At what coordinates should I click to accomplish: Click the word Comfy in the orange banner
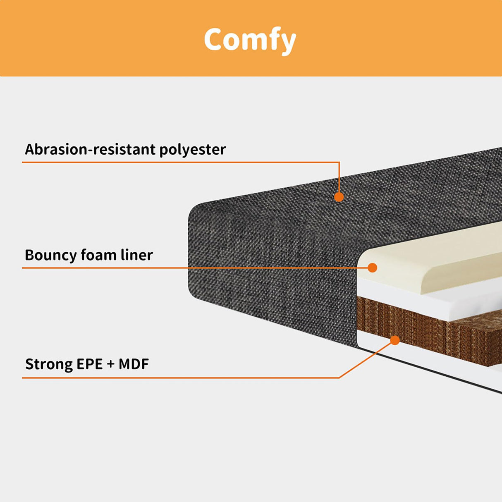[x=250, y=40]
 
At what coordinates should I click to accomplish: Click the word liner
[x=136, y=255]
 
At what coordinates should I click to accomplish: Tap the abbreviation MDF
[x=133, y=364]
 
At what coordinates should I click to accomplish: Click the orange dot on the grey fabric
[x=339, y=197]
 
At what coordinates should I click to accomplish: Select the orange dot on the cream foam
[x=373, y=268]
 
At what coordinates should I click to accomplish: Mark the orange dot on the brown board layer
[x=395, y=340]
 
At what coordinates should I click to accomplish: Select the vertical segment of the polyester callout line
[x=339, y=178]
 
